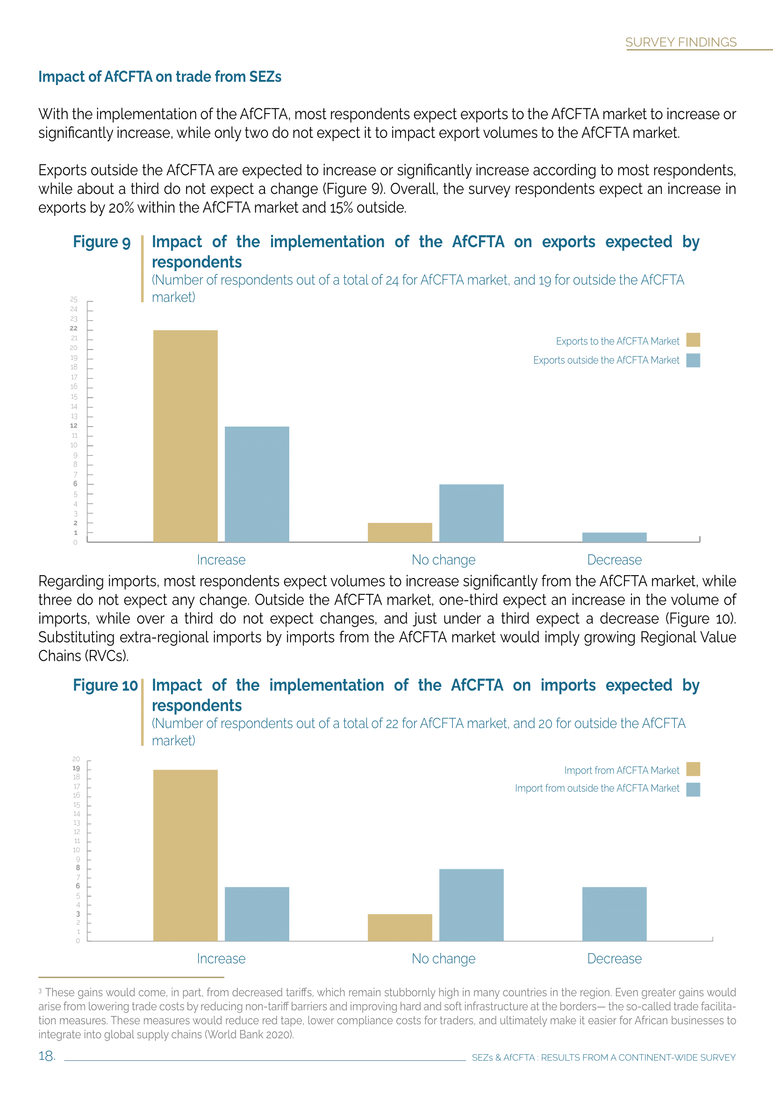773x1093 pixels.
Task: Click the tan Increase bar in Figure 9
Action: (x=185, y=436)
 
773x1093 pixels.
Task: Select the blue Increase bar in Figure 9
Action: (x=257, y=484)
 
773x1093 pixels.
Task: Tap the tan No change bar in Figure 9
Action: (x=400, y=532)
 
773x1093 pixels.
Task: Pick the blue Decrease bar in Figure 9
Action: (x=614, y=537)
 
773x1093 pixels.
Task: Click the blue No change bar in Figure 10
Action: (x=471, y=905)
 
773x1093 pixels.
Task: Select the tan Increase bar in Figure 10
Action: (x=185, y=855)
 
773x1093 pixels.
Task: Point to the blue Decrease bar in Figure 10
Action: (x=614, y=914)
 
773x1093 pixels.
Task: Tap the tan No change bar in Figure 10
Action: (x=400, y=927)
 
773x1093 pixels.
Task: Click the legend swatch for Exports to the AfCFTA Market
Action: (x=693, y=340)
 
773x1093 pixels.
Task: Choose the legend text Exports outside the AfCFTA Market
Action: (x=606, y=360)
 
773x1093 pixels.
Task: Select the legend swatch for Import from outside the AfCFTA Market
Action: (x=693, y=789)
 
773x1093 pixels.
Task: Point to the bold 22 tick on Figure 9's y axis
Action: (x=74, y=329)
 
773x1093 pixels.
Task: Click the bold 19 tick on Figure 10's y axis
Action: (x=76, y=768)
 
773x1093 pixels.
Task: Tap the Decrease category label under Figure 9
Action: (x=614, y=560)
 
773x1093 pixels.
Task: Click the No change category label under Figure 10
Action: (x=443, y=958)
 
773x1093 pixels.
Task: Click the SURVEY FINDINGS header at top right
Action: (x=680, y=43)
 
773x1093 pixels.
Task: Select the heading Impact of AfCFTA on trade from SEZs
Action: (x=160, y=77)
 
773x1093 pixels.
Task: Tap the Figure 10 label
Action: (x=105, y=685)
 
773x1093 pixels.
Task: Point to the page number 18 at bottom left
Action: (x=47, y=1056)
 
